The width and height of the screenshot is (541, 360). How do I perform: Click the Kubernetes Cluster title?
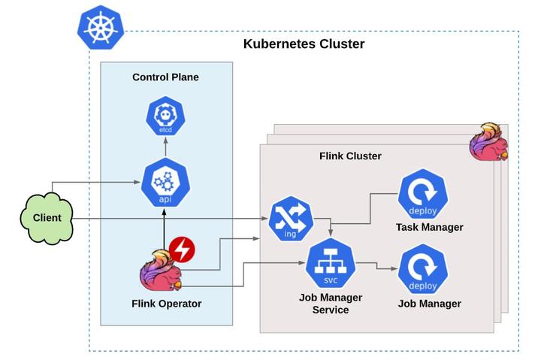pos(304,44)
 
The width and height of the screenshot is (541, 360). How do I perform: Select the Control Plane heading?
pos(165,77)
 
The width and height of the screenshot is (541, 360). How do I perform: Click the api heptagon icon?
pos(165,183)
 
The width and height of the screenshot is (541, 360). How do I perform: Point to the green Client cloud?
pos(47,218)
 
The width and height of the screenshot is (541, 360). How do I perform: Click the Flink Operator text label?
pos(165,304)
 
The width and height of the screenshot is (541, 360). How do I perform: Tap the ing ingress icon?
pos(290,219)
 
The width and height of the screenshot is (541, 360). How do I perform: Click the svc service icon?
pos(330,264)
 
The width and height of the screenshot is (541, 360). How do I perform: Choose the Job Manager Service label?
pos(330,304)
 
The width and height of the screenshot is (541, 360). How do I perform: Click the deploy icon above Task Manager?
pos(423,194)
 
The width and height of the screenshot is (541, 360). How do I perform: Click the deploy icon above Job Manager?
pos(423,271)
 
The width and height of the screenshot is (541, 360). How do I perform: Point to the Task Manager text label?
pos(429,227)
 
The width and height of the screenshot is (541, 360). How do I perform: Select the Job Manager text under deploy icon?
pos(429,304)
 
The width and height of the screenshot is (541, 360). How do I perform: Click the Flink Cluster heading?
pos(350,156)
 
